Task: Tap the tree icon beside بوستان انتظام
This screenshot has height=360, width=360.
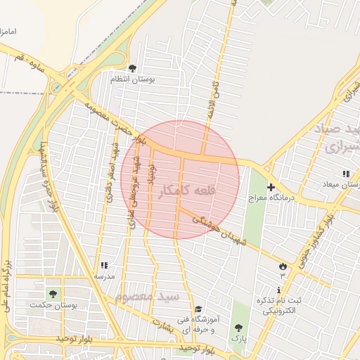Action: coord(133,69)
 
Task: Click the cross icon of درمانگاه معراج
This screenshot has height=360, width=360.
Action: coord(271,187)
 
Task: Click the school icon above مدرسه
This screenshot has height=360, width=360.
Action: coord(103,265)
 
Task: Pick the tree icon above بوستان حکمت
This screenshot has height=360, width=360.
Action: coord(52,293)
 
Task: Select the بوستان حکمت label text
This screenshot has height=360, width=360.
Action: coord(52,304)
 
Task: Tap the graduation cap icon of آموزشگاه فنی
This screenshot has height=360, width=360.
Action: coord(198,309)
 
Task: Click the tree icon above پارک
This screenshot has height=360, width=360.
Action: coord(238,328)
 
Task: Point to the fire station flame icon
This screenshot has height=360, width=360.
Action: coord(283,266)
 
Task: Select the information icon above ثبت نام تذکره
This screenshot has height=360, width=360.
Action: coord(280,290)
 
